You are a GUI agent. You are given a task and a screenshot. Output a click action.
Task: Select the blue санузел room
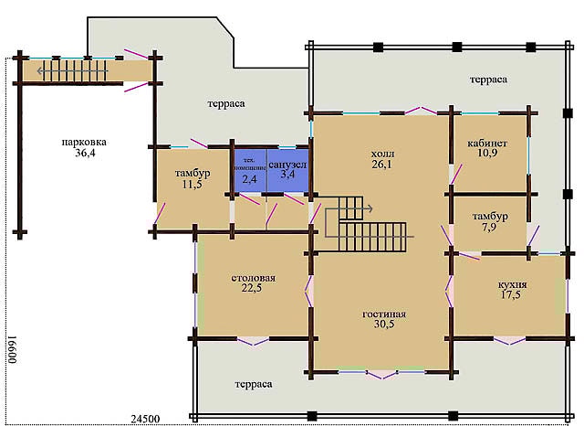[x=287, y=168]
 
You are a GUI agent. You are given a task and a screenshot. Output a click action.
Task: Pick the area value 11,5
[x=193, y=186]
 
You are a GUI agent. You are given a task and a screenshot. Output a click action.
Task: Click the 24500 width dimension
[x=146, y=418]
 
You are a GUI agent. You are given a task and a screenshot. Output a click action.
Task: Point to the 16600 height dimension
[x=12, y=347]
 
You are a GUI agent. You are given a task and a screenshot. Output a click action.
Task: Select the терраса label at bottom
[x=253, y=384]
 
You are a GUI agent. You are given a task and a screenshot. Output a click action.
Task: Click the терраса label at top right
[x=488, y=80]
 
